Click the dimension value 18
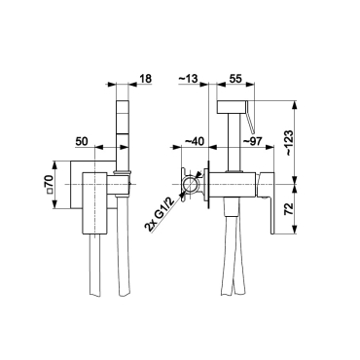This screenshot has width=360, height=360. click(146, 79)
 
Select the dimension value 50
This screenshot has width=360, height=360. click(82, 142)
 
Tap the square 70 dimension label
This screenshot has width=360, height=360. click(50, 184)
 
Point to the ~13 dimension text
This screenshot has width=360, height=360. click(188, 79)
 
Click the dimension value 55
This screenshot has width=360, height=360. click(235, 79)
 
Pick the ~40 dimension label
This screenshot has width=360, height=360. click(194, 142)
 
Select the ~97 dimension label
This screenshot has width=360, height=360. click(253, 142)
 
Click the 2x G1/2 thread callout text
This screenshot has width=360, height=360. click(161, 214)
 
